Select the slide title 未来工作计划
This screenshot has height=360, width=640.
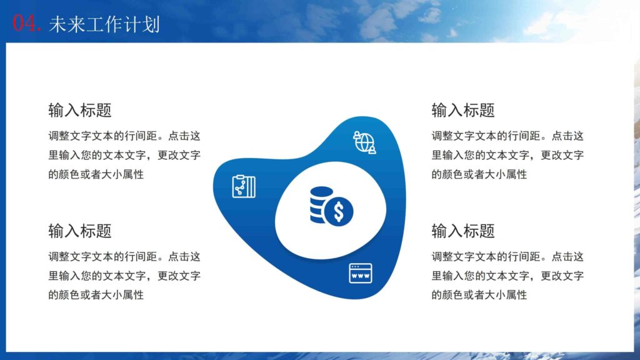[x=104, y=24]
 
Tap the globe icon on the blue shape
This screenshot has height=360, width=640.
[x=364, y=142]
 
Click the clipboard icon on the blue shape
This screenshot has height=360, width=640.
[x=244, y=186]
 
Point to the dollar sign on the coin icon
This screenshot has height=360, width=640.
[x=339, y=212]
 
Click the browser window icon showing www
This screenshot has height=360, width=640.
[x=361, y=273]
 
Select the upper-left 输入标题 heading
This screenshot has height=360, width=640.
[x=80, y=111]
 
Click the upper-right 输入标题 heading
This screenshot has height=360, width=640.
[x=463, y=111]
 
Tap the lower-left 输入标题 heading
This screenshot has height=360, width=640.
[x=80, y=231]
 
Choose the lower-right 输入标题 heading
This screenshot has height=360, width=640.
[x=463, y=231]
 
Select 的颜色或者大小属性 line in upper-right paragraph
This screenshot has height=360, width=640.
[x=479, y=174]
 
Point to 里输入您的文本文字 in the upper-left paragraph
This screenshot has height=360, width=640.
[x=97, y=155]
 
